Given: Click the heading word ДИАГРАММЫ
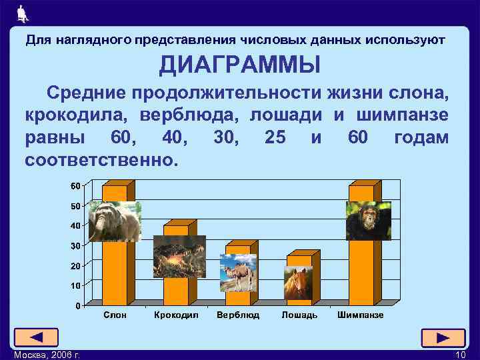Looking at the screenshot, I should tap(239, 65).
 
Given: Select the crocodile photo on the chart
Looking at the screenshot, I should tap(179, 256).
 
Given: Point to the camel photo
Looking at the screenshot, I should tap(238, 273).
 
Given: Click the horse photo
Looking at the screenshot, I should tap(298, 283).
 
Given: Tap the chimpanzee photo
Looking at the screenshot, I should tap(368, 221).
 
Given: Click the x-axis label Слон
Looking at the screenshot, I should tap(115, 315).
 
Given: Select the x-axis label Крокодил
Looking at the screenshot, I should tap(176, 315).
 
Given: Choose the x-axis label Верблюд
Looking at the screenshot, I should tap(238, 315).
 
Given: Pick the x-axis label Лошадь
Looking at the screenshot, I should tap(299, 315).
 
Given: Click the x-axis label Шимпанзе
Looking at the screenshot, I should tap(361, 315).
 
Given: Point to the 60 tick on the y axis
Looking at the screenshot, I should tap(76, 185).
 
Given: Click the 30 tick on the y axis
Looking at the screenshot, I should tap(76, 245).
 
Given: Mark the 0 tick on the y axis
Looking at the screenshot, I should tap(78, 305).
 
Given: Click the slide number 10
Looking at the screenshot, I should tap(459, 354).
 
